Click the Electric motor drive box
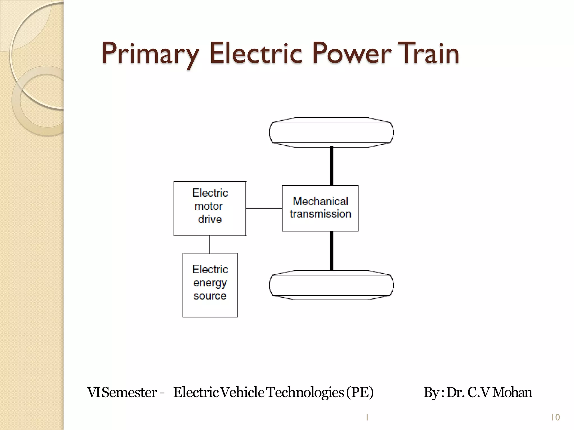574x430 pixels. click(x=210, y=209)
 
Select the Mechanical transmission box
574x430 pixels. click(x=320, y=208)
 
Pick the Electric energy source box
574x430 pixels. click(x=210, y=285)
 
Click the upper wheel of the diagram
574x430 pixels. click(x=331, y=132)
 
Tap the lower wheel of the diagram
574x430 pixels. click(x=331, y=285)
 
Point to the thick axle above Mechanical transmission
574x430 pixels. click(x=332, y=166)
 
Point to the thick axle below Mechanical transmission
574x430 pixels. click(x=332, y=251)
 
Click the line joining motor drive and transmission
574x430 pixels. click(x=264, y=208)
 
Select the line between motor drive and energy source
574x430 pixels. click(x=210, y=245)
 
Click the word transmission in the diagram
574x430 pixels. click(x=320, y=214)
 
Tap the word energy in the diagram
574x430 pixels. click(x=210, y=283)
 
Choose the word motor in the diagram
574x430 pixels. click(x=208, y=206)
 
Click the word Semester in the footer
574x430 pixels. click(x=129, y=392)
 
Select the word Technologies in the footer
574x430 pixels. click(x=305, y=392)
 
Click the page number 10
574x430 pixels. click(x=555, y=417)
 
